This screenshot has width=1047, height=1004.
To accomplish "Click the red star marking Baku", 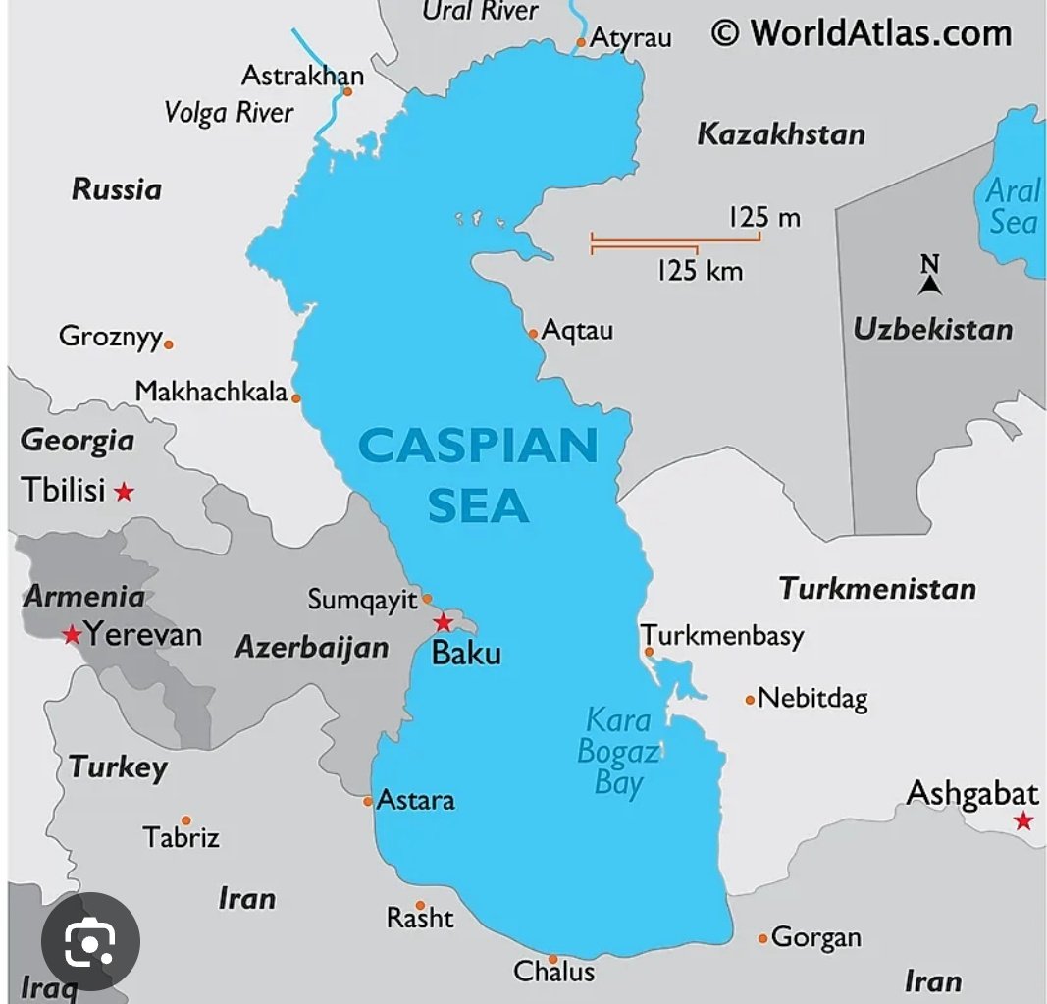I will (444, 622).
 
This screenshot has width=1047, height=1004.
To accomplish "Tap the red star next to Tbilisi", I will (124, 491).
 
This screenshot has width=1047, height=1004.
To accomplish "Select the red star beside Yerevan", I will (72, 635).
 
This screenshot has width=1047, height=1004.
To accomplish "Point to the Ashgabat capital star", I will (1023, 820).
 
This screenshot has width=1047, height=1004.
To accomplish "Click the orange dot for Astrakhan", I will (347, 92).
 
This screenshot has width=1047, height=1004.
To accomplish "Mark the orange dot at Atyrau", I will (581, 42).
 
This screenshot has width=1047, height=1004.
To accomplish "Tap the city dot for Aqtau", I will (534, 333).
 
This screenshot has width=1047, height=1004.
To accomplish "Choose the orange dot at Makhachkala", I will (296, 398).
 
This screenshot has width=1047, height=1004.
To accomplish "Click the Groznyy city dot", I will (169, 344).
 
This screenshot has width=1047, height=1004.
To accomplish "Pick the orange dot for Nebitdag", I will (750, 700).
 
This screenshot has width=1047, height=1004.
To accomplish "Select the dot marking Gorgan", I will (762, 939).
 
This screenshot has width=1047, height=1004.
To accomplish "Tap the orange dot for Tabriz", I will (185, 820).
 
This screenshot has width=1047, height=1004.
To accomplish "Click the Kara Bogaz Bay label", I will (618, 752).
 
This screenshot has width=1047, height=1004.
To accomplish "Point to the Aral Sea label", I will (1012, 205).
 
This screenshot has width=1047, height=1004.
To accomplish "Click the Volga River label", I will (229, 112).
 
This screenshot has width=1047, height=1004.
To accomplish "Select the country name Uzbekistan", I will (932, 329).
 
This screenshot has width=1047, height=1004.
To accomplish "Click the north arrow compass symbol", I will (929, 276).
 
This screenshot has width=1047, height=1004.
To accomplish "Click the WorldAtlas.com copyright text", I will (861, 33).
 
